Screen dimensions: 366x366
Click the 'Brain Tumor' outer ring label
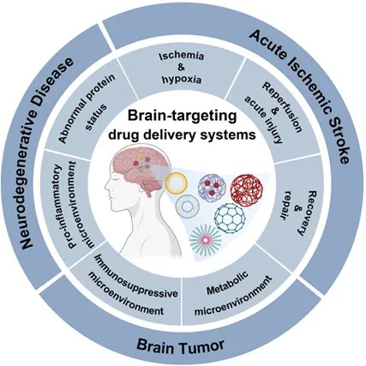coord(180,345)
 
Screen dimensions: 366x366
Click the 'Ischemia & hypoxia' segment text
coord(182,68)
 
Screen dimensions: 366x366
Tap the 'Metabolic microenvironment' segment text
coord(232,295)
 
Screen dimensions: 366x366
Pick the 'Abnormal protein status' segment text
coord(83,109)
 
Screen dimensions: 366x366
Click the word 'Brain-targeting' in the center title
coord(182,117)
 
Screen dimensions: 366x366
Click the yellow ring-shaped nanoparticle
coord(177,182)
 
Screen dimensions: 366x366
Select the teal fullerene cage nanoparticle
coord(229,219)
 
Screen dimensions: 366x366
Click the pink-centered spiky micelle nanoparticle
coord(206,239)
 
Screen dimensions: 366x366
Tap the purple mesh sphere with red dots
coord(213,188)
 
